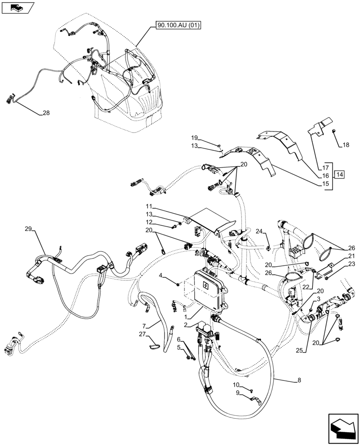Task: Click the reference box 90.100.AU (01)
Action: coord(178,25)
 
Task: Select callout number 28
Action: coord(46,113)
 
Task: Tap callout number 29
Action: coord(29,229)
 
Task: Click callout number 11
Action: coord(149,206)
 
